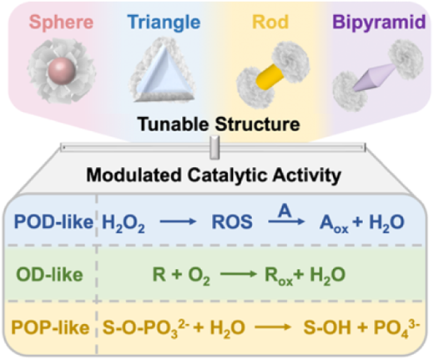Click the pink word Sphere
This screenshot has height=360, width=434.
61,23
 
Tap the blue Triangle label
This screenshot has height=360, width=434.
164,23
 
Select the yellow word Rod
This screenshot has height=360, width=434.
270,22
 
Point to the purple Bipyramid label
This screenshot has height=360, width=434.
379,23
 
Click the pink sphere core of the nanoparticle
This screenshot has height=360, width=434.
61,71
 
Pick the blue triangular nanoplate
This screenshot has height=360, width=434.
164,73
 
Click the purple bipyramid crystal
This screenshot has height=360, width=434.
373,78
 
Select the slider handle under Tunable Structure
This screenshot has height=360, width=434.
214,147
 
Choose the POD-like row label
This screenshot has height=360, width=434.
53,222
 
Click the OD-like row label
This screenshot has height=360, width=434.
49,275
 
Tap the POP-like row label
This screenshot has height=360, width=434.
50,327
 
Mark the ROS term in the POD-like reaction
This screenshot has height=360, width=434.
232,222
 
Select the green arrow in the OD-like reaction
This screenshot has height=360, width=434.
239,274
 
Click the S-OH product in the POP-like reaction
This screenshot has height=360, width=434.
327,327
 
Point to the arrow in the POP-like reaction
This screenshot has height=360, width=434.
273,327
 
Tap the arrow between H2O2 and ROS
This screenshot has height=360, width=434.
178,221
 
